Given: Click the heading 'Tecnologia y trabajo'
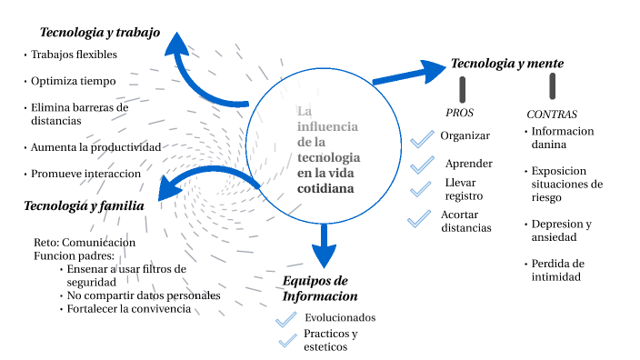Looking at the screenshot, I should pyautogui.click(x=100, y=33).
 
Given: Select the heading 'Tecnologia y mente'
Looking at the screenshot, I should pyautogui.click(x=507, y=64).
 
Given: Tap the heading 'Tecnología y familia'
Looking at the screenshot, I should pyautogui.click(x=84, y=206).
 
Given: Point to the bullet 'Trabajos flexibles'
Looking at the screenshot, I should pyautogui.click(x=74, y=55).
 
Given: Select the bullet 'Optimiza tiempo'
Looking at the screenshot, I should pyautogui.click(x=73, y=81).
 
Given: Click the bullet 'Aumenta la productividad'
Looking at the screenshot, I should pyautogui.click(x=95, y=146).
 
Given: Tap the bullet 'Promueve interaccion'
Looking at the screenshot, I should pyautogui.click(x=85, y=173).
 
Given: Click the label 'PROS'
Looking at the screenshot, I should pyautogui.click(x=460, y=113).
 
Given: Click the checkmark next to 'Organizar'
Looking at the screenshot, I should pyautogui.click(x=422, y=139).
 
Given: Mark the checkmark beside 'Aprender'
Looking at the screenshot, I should pyautogui.click(x=423, y=166).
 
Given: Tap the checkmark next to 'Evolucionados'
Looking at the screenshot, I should pyautogui.click(x=287, y=318).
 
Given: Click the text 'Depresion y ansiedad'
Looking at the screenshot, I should pyautogui.click(x=561, y=230).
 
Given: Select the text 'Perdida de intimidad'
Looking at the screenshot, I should pyautogui.click(x=557, y=270).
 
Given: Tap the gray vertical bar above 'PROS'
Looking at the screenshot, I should pyautogui.click(x=463, y=88).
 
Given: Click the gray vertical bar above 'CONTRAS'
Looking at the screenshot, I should pyautogui.click(x=553, y=86).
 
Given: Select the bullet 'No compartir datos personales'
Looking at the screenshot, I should pyautogui.click(x=144, y=295).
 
